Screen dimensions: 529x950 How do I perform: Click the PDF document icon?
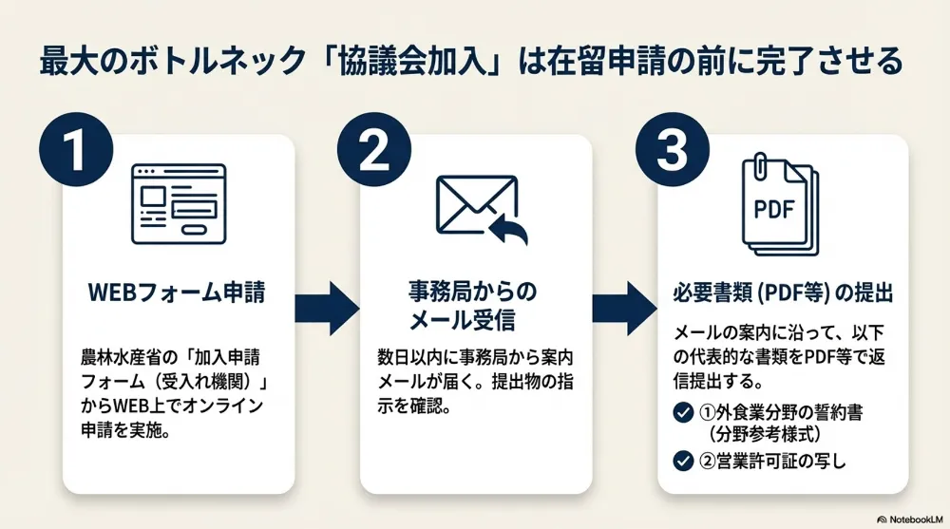778,205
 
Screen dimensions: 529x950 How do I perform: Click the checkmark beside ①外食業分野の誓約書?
681,413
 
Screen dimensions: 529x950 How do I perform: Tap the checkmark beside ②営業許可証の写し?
681,462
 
